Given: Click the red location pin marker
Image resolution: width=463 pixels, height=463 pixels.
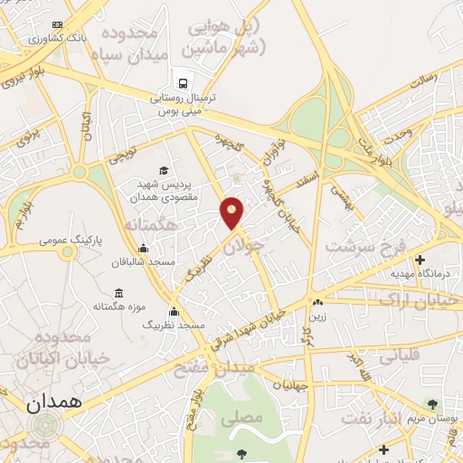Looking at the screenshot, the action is click(x=232, y=212).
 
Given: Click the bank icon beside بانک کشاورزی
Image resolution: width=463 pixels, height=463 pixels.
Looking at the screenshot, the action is click(x=59, y=24).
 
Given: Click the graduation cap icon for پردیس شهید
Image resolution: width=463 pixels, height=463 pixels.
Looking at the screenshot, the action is click(x=164, y=170).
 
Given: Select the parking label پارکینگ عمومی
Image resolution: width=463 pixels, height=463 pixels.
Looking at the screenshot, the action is click(x=71, y=241).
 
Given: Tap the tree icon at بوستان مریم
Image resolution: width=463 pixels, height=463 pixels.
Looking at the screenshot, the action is click(x=432, y=403).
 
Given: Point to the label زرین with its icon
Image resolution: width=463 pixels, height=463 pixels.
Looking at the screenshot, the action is click(x=317, y=309).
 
